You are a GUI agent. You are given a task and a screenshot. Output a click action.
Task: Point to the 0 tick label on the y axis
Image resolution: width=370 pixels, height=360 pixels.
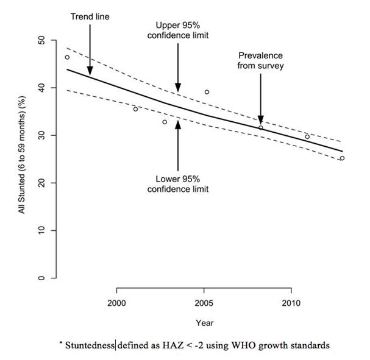[42, 278]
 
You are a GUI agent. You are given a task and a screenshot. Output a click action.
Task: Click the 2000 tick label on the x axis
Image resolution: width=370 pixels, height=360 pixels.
[116, 303]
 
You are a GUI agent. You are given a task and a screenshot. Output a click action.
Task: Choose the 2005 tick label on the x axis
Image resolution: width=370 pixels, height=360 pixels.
[203, 303]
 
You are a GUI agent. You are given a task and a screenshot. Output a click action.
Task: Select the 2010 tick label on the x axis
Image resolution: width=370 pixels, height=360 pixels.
[290, 303]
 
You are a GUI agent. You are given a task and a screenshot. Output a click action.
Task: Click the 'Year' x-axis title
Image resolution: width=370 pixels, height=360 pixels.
[204, 322]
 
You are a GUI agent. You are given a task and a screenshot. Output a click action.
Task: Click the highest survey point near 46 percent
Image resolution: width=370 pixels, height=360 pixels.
[67, 57]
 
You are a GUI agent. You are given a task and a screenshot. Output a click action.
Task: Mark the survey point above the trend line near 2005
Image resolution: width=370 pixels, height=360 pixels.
[207, 92]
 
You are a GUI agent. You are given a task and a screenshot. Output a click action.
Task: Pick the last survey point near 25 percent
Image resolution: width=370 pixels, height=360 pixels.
[342, 158]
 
